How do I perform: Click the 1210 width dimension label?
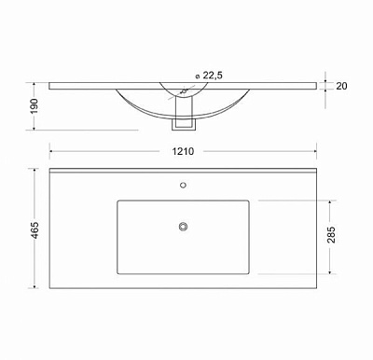(x=183, y=151)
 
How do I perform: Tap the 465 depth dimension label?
(x=35, y=230)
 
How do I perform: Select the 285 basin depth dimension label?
(x=331, y=235)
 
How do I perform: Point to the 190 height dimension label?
(x=35, y=106)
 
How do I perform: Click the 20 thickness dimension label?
(x=341, y=86)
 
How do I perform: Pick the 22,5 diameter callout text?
(x=213, y=76)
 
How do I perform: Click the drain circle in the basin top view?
(x=183, y=227)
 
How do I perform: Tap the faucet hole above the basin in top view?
(x=183, y=186)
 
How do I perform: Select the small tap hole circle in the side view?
(x=184, y=91)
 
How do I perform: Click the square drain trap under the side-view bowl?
(x=184, y=124)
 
